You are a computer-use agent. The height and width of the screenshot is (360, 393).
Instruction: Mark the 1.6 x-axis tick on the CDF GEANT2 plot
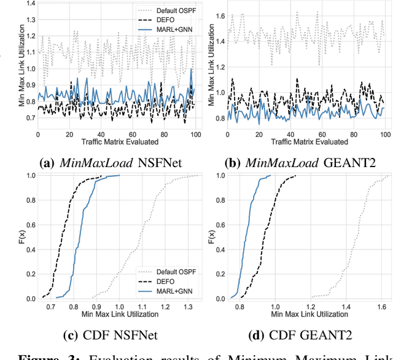pos(381,305)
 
